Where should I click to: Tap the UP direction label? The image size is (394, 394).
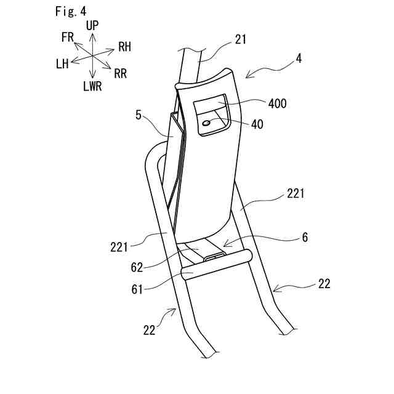92,26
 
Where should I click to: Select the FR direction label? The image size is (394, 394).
68,37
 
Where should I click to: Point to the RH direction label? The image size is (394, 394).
124,47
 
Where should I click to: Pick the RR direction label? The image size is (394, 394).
121,74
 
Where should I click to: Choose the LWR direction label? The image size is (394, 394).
92,86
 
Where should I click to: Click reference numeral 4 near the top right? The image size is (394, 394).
299,60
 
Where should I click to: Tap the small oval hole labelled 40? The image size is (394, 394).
206,124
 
